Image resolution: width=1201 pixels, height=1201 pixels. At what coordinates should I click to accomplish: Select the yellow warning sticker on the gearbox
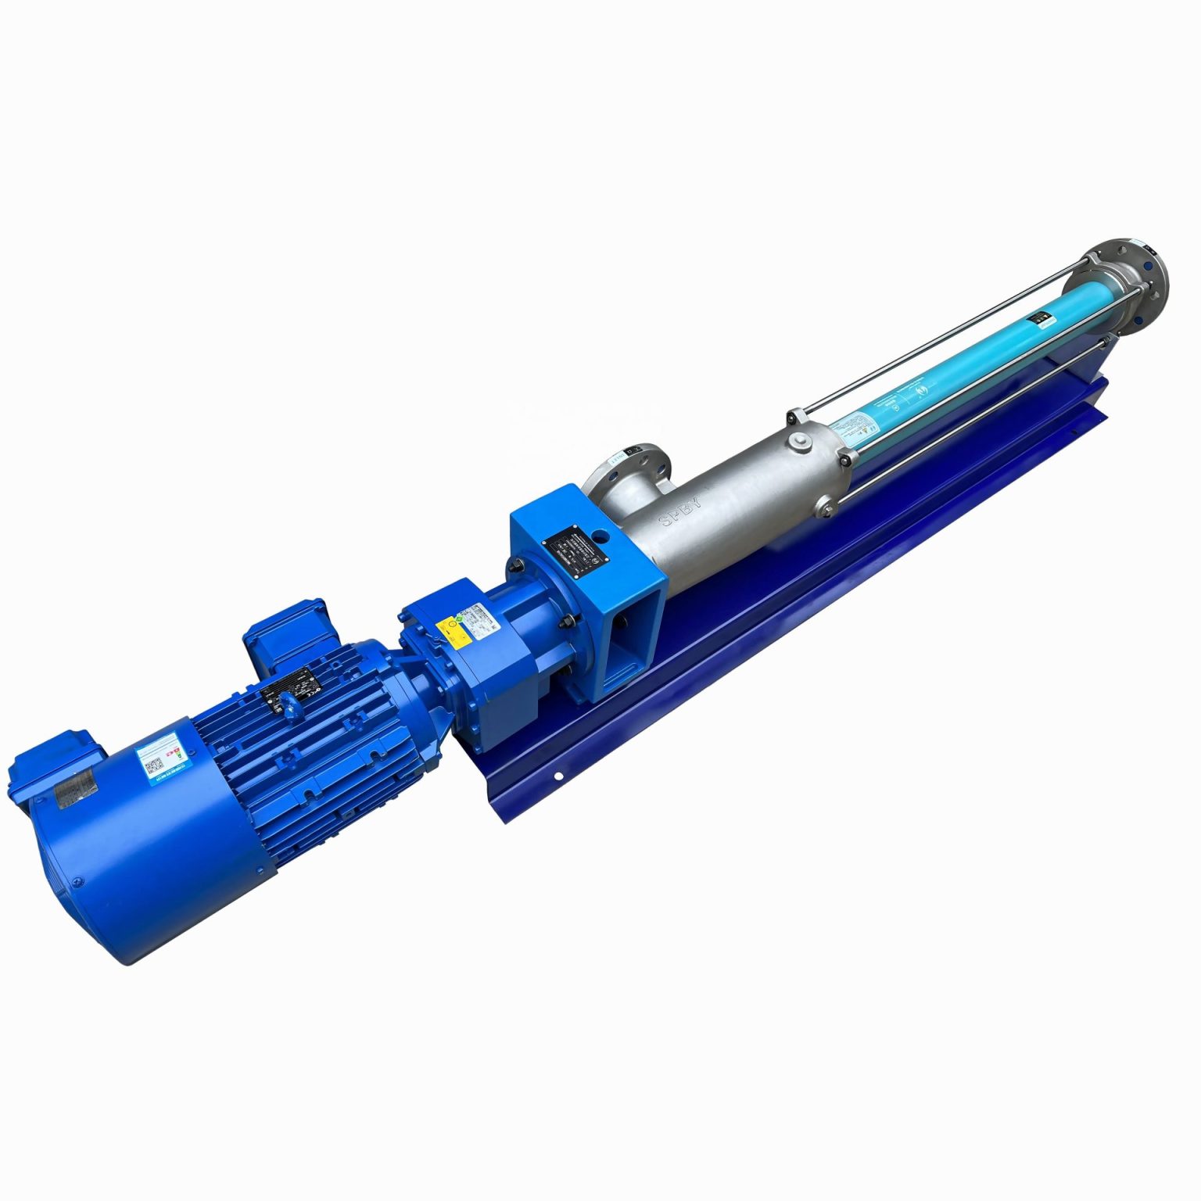pos(448,628)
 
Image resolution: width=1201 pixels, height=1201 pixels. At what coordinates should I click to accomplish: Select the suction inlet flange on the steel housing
pos(626,473)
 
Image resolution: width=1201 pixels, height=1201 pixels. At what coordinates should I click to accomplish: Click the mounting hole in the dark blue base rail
pos(560,776)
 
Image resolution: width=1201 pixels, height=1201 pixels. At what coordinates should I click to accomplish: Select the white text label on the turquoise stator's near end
pos(848,427)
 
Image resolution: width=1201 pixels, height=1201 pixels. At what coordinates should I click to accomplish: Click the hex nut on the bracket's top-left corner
pos(516,565)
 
